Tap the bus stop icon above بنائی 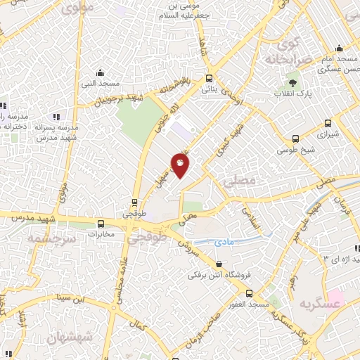pyautogui.click(x=208, y=79)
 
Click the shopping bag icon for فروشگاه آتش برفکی pyautogui.click(x=220, y=265)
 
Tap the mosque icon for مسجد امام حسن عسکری pyautogui.click(x=340, y=49)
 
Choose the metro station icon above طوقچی pyautogui.click(x=134, y=202)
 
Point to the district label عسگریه pyautogui.click(x=314, y=304)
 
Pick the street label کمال pyautogui.click(x=139, y=326)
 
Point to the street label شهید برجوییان pyautogui.click(x=119, y=99)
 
